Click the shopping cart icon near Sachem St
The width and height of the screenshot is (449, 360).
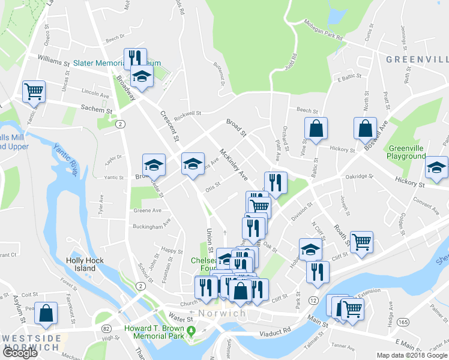34,91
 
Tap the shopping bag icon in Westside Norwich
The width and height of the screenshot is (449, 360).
46,313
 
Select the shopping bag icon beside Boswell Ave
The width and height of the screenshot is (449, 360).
364,128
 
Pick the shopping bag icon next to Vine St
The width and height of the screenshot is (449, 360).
315,128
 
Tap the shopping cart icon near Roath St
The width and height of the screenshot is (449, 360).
361,242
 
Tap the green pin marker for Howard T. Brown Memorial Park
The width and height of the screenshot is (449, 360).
191,331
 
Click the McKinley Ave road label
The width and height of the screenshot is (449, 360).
234,164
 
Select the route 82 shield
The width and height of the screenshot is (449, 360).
106,329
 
